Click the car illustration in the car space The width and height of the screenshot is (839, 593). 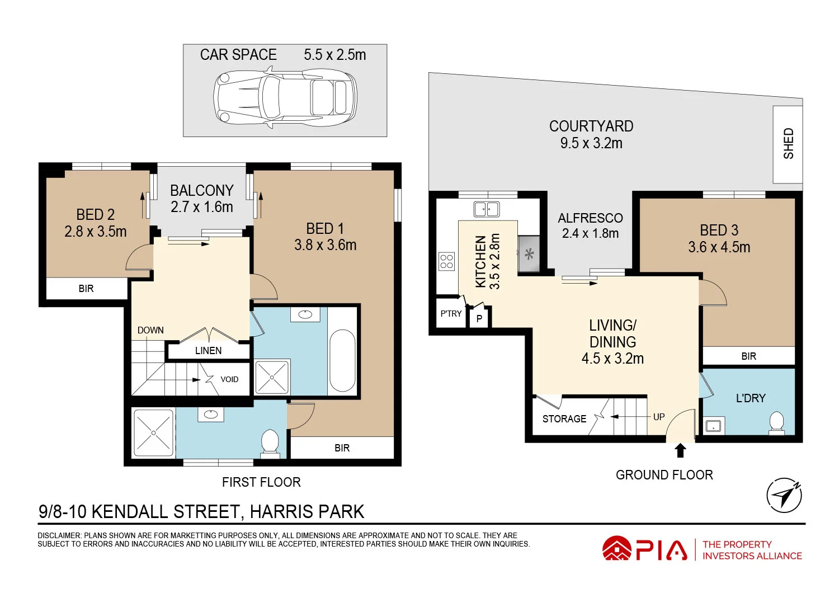tap(285, 97)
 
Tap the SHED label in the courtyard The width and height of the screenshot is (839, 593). tap(788, 144)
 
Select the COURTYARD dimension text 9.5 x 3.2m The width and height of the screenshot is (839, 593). tap(591, 143)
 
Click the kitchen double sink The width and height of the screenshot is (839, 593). tap(487, 209)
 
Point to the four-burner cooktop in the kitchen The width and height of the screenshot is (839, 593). tap(446, 261)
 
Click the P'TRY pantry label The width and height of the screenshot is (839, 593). tap(451, 314)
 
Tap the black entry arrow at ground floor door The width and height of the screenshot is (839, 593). tap(680, 450)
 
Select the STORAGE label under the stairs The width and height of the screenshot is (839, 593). tap(564, 419)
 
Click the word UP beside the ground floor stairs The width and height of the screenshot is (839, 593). tap(659, 417)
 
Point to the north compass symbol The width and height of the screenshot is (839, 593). tap(784, 495)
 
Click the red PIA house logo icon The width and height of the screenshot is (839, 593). tap(616, 549)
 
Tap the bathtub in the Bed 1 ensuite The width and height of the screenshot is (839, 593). tap(342, 361)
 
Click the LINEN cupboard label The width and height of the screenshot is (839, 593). tap(208, 351)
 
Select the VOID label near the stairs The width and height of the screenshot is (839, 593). tap(229, 379)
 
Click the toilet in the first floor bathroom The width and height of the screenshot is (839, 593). tap(270, 443)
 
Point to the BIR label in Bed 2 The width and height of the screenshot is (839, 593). tap(86, 289)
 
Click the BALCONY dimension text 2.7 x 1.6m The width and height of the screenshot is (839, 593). tap(201, 207)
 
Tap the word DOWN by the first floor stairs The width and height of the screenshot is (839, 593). tap(150, 331)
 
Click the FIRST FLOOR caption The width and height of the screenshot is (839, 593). tap(261, 482)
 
